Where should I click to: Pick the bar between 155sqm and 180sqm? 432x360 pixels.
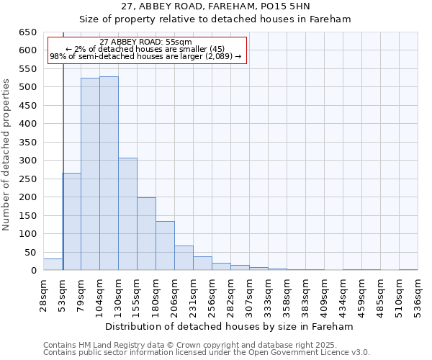[146, 233]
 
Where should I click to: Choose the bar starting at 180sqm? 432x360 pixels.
[165, 246]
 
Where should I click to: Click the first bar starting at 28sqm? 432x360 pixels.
[53, 264]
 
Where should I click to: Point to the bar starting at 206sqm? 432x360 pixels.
[184, 258]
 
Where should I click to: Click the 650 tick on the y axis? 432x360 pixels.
[27, 32]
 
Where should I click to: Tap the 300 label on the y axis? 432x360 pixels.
[27, 161]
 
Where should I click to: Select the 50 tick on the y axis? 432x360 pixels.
[30, 253]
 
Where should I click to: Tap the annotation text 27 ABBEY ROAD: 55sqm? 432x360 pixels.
[146, 42]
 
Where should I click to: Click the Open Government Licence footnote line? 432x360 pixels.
[207, 352]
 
